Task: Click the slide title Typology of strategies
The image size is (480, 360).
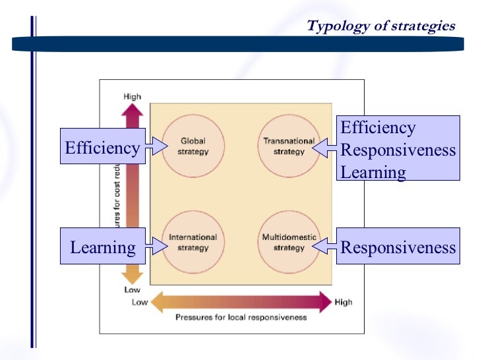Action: pos(380,26)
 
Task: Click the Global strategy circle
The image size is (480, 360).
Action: pos(193,146)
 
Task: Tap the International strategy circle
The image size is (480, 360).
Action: pos(193,243)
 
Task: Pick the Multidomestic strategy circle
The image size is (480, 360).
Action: pos(289,243)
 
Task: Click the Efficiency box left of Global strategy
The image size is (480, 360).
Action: pos(102,148)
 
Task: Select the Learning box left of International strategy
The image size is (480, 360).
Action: pos(102,247)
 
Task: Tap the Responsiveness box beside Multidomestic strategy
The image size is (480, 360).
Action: pos(398,247)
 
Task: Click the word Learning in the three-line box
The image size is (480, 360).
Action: pos(373,172)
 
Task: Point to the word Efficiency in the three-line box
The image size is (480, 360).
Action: pos(378,128)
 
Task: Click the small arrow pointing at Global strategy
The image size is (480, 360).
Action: pos(156,147)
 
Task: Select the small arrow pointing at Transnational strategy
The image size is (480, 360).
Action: pos(324,149)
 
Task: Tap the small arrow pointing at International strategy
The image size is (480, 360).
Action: pos(156,245)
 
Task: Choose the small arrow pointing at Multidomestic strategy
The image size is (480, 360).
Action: pos(324,247)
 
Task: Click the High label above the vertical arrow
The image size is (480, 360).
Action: pos(132,96)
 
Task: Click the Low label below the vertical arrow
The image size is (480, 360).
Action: pos(132,289)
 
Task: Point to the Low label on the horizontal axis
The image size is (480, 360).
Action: pos(140,303)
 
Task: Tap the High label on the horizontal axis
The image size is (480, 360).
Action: pos(343,303)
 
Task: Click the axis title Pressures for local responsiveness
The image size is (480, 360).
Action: pos(241,317)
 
